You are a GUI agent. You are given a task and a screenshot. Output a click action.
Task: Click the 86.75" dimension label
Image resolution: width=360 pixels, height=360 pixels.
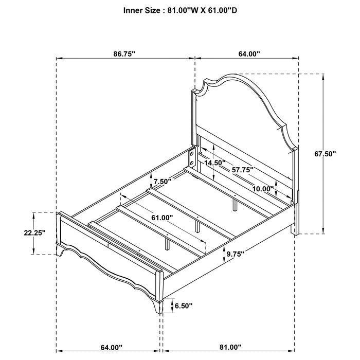[124, 54]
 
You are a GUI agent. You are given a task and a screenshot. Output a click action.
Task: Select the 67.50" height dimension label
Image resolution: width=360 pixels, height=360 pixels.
[325, 154]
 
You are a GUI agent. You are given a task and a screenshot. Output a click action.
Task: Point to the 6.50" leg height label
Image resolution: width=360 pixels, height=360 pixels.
[184, 305]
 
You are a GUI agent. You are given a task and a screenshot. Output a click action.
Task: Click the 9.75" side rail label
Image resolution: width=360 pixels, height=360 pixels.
[235, 254]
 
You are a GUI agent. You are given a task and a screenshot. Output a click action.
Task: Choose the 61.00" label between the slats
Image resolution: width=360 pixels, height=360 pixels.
[162, 218]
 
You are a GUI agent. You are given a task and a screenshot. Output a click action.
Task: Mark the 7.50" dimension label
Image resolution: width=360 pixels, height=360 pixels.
[163, 182]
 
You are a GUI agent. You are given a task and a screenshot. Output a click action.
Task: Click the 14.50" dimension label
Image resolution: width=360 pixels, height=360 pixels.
[215, 163]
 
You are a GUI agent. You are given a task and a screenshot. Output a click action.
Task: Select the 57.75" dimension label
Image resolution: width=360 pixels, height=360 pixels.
[243, 170]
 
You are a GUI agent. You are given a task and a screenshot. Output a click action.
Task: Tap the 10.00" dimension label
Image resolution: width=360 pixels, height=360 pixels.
[263, 189]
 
